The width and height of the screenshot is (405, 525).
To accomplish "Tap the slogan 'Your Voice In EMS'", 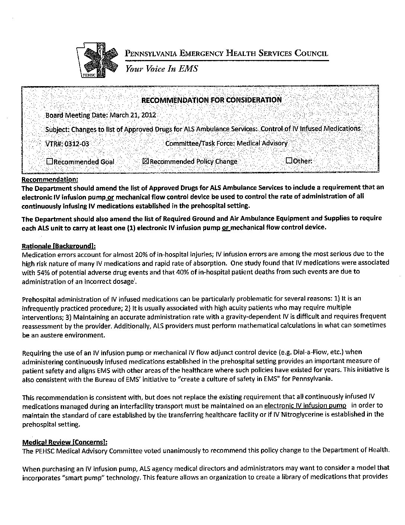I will (161, 69).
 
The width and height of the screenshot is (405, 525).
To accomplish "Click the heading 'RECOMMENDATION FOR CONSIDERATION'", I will (211, 100).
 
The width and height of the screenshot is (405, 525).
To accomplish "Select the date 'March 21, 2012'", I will (133, 115).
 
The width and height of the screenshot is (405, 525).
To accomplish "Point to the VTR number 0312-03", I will (77, 144).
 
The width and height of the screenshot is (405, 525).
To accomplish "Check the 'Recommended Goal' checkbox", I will (50, 162).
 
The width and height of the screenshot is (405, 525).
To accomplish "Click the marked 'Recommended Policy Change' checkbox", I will (146, 161).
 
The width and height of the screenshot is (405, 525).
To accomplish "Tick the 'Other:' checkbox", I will (289, 161).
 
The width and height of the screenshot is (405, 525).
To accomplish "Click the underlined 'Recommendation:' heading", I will (50, 179).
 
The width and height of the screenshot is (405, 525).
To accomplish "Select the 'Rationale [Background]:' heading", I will (59, 246).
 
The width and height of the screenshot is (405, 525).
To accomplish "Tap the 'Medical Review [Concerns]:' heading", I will (65, 442).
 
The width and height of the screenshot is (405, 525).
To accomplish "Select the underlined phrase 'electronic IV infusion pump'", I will (305, 405).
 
